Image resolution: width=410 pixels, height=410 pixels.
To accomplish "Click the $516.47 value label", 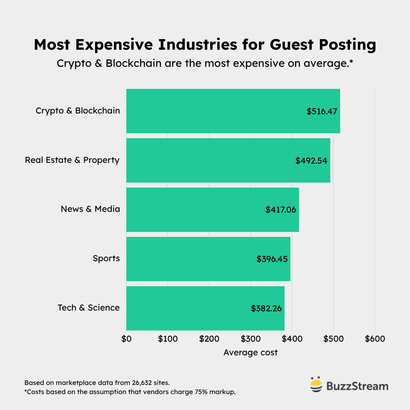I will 322,112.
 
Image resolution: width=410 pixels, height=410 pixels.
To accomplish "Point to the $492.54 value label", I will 311,161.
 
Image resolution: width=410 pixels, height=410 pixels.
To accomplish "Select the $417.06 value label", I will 281,210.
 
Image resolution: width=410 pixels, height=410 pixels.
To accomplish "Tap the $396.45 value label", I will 272,259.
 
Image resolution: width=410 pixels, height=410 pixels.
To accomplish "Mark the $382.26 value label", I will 266,308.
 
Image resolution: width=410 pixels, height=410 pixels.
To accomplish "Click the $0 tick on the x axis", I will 126,339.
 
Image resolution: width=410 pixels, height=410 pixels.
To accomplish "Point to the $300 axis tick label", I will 251,339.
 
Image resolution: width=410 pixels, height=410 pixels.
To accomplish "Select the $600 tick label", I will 375,339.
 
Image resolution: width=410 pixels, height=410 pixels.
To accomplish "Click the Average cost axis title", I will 251,353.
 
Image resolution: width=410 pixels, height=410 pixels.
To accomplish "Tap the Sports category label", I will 106,259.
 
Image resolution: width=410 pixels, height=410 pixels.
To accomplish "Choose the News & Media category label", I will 90,209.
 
